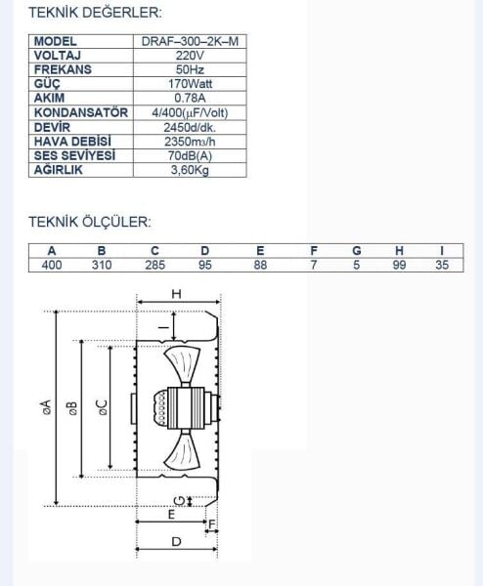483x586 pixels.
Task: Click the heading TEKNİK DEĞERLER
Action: [x=95, y=14]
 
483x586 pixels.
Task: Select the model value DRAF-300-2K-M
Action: [x=189, y=43]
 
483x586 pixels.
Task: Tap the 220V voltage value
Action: [x=189, y=57]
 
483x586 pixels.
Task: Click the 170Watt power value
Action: [x=189, y=84]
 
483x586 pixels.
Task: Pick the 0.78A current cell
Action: [x=189, y=98]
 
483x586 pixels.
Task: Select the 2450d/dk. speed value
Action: [x=189, y=127]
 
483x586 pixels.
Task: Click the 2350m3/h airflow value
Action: [x=189, y=142]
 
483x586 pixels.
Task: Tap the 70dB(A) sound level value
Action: [x=189, y=155]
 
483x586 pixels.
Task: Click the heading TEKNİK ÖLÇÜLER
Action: [x=90, y=222]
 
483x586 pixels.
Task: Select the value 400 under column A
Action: [x=52, y=265]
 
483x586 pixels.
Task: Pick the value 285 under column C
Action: [x=154, y=265]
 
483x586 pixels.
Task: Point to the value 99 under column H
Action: [x=399, y=265]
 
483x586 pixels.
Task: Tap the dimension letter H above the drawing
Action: [x=176, y=294]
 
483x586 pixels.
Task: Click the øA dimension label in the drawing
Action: [x=45, y=406]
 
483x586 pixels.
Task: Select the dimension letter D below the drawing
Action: [x=177, y=541]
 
